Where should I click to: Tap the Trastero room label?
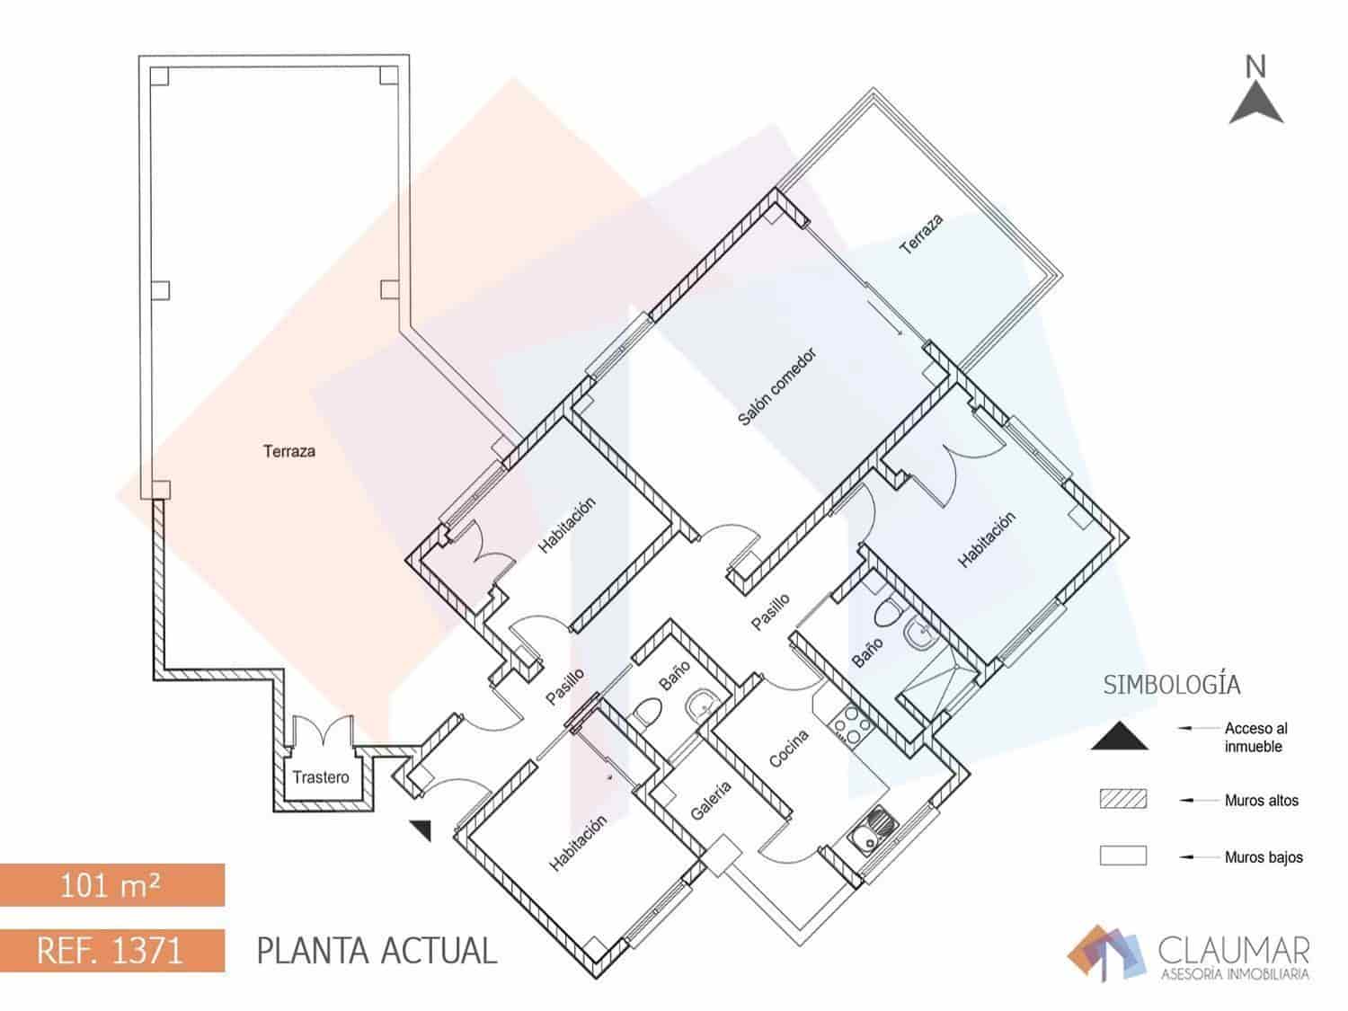[320, 776]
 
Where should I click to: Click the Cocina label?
[790, 748]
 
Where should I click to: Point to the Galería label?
[711, 800]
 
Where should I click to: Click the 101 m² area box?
[111, 885]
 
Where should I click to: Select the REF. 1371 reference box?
[111, 951]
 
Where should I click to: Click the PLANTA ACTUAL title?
[377, 951]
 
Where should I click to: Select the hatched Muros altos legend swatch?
[1123, 800]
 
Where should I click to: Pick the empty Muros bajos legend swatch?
[1123, 856]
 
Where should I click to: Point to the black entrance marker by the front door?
[421, 829]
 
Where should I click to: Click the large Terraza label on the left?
[289, 451]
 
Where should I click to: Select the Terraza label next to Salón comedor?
[922, 234]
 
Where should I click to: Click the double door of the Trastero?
[320, 730]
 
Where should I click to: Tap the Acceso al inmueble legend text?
[1255, 738]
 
